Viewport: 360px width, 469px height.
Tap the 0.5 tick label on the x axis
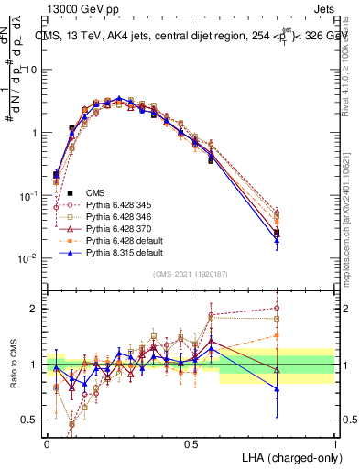click(191, 443)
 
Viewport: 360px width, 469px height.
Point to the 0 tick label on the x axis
click(48, 443)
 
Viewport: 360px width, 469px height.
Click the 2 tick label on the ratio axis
click(34, 309)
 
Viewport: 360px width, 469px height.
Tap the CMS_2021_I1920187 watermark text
click(191, 274)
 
